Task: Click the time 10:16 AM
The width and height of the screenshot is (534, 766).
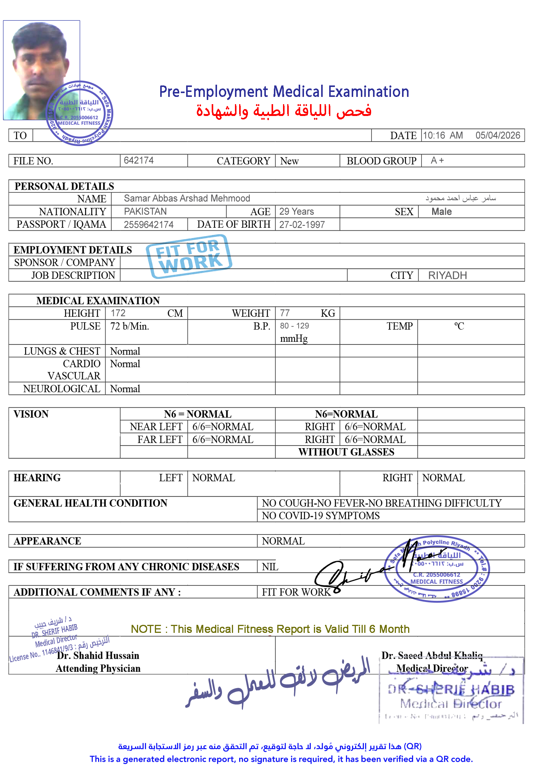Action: tap(442, 135)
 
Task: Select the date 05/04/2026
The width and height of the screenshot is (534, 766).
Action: tap(497, 135)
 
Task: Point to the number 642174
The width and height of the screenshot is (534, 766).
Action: tap(138, 160)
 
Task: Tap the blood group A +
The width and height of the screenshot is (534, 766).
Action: tap(437, 160)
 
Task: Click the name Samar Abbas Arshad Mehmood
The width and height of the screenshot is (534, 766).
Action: tap(187, 198)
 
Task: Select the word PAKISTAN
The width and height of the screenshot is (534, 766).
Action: tap(145, 211)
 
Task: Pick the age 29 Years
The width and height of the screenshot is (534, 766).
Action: tap(296, 211)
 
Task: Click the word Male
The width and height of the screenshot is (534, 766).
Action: tap(441, 212)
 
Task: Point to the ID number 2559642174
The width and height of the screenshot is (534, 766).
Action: tap(148, 225)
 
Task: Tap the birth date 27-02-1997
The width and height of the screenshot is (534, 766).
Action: tap(302, 225)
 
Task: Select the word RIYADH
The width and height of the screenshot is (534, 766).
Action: tap(447, 275)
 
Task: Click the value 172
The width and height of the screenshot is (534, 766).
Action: tap(118, 313)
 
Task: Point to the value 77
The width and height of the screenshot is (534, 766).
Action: tap(285, 313)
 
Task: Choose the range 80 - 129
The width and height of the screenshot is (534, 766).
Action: tap(294, 326)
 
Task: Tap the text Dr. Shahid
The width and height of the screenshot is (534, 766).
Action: tap(80, 655)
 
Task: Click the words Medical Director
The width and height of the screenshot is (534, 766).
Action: tap(432, 668)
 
